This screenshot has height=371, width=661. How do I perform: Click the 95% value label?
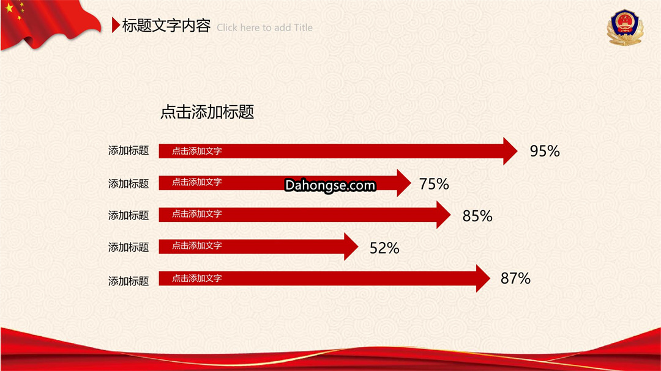click(x=545, y=151)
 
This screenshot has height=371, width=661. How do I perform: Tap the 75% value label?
click(x=434, y=184)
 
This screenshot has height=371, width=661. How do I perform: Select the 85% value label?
click(x=477, y=216)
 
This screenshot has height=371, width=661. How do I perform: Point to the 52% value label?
click(x=384, y=248)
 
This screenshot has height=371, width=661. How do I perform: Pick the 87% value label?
click(x=515, y=278)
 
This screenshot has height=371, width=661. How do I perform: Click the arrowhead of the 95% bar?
click(x=510, y=151)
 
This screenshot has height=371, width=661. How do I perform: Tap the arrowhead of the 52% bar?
click(x=351, y=247)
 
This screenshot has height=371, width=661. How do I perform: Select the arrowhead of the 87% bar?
click(x=483, y=278)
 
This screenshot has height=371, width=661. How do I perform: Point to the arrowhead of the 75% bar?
click(x=403, y=183)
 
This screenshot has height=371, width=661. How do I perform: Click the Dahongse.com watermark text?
click(x=330, y=185)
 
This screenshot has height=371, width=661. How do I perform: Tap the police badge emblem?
click(x=625, y=28)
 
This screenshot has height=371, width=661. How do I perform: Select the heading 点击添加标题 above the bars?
click(x=207, y=112)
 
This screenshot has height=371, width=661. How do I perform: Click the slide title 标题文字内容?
click(x=166, y=26)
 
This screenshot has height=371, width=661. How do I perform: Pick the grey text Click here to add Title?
click(x=265, y=28)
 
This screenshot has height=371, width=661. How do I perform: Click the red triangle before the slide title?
click(x=116, y=25)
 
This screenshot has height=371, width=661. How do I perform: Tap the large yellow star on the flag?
click(x=9, y=8)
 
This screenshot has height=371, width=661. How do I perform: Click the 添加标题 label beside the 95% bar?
click(x=129, y=150)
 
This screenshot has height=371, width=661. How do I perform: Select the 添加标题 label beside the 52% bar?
click(x=129, y=247)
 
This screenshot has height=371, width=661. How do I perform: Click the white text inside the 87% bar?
click(x=197, y=278)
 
